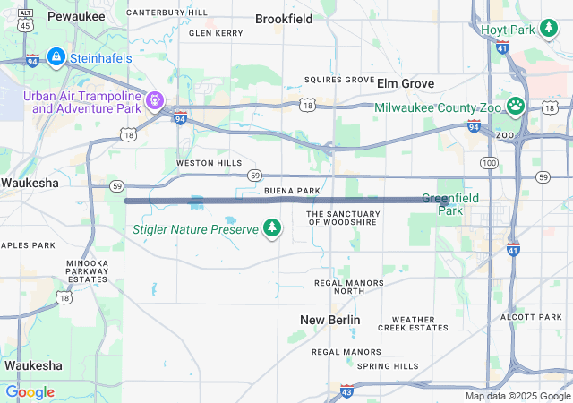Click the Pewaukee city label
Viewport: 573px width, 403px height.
coord(76,16)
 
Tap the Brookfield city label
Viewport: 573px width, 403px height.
coord(284,18)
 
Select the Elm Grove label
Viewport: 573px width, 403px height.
coord(406,83)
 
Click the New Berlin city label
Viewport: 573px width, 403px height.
coord(330,320)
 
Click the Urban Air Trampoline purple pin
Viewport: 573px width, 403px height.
coord(155,100)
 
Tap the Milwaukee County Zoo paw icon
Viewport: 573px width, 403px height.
coord(516,107)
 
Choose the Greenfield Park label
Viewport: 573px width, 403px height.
coord(450,203)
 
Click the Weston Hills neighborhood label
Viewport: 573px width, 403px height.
coord(209,163)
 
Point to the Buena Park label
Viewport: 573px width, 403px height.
coord(292,191)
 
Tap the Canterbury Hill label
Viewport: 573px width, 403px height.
coord(167,13)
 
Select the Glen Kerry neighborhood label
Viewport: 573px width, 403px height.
coord(216,33)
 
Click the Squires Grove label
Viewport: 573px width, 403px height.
coord(339,80)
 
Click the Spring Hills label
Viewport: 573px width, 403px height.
coord(388,366)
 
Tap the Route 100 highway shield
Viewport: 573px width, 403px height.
coord(489,162)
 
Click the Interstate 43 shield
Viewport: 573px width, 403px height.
coord(346,390)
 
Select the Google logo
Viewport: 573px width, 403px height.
coord(30,392)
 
